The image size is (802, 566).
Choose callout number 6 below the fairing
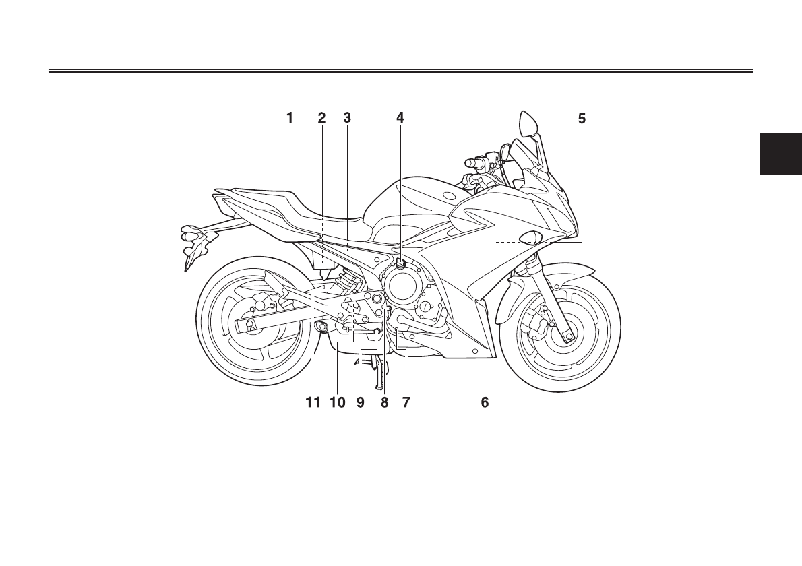pyautogui.click(x=485, y=403)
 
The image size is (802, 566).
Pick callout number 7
pyautogui.click(x=406, y=403)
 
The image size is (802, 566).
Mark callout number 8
pyautogui.click(x=384, y=403)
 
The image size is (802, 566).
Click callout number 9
pyautogui.click(x=361, y=403)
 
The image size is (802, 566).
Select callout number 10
pyautogui.click(x=337, y=403)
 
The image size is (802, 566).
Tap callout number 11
pyautogui.click(x=311, y=403)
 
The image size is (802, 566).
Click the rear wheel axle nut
pyautogui.click(x=249, y=325)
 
